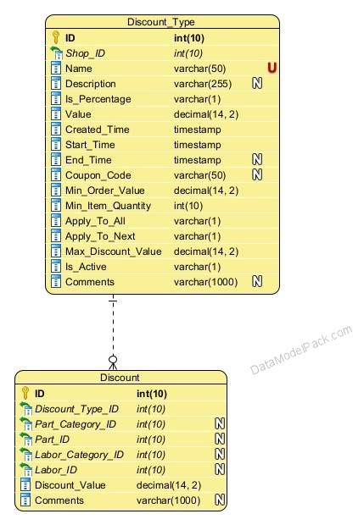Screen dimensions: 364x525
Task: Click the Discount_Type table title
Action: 161,22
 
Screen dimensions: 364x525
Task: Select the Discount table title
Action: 120,378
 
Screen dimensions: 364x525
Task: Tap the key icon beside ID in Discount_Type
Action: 56,37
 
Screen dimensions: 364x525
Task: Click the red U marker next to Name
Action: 272,68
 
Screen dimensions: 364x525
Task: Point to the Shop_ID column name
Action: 85,53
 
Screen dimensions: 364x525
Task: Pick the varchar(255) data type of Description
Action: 203,84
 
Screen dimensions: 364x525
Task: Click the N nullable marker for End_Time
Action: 257,160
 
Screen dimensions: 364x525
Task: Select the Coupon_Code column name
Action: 98,175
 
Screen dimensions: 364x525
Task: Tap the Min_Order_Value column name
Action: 105,191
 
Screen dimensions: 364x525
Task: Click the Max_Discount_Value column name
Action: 114,251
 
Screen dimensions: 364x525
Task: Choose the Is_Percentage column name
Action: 98,99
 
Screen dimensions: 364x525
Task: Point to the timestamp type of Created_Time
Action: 197,130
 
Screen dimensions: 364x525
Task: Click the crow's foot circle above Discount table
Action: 113,360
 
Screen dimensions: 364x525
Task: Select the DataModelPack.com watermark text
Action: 301,350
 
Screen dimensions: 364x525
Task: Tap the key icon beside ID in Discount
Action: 25,393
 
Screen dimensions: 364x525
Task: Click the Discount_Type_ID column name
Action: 77,409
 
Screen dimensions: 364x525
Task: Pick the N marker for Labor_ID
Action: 220,469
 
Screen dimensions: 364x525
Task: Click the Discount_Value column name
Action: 70,485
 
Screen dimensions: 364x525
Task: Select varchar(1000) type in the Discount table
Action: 168,500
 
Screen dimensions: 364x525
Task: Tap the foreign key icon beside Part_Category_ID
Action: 25,424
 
